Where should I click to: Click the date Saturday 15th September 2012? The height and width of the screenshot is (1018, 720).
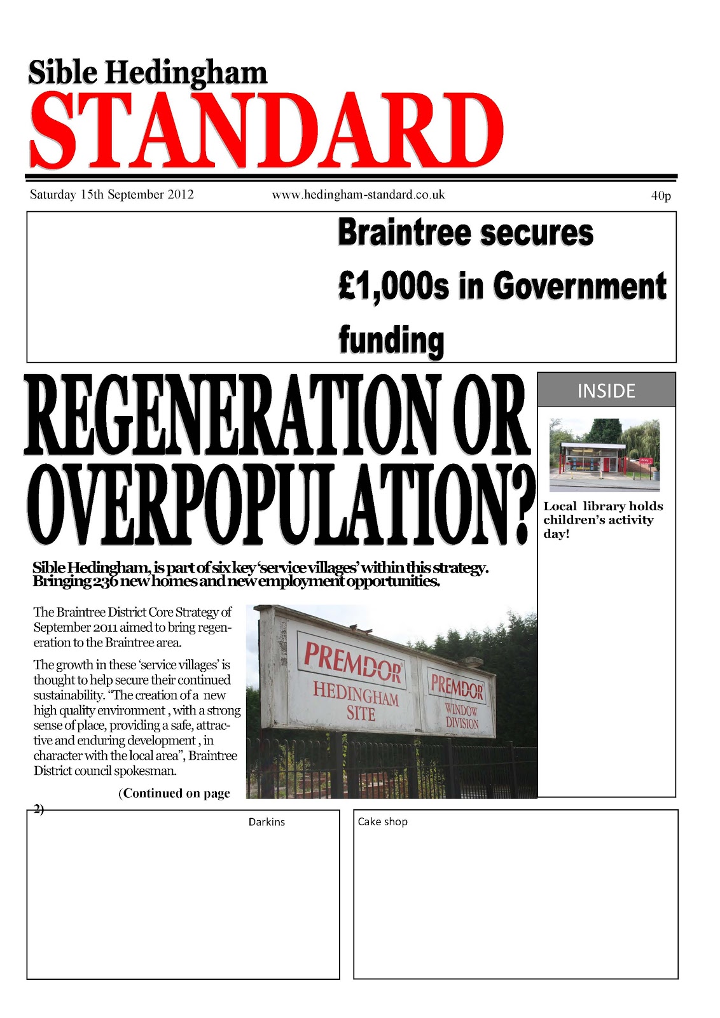(112, 195)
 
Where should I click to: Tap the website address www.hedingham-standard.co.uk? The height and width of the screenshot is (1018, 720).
(358, 195)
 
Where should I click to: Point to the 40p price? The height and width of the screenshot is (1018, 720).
(661, 196)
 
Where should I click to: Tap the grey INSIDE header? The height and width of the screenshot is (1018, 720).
(606, 390)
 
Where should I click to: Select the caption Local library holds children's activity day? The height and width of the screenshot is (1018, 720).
(602, 520)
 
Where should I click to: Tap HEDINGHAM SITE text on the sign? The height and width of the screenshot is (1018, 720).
(356, 701)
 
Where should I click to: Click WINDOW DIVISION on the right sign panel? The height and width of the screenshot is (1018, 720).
(461, 716)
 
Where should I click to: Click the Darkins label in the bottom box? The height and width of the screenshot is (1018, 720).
(267, 822)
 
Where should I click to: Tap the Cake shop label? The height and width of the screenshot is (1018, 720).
(382, 821)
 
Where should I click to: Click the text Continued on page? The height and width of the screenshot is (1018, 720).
(174, 793)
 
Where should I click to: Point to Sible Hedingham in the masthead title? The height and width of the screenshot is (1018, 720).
(148, 73)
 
